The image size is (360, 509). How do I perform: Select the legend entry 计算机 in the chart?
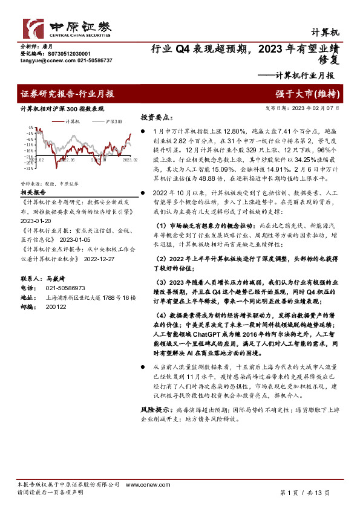pos(70,122)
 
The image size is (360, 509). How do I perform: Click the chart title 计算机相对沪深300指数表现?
pos(62,109)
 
